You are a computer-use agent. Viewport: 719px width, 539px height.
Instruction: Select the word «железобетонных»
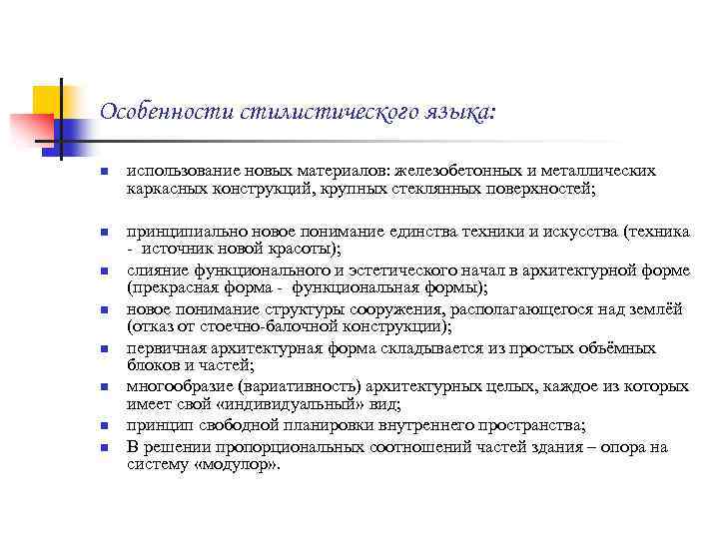click(459, 171)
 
